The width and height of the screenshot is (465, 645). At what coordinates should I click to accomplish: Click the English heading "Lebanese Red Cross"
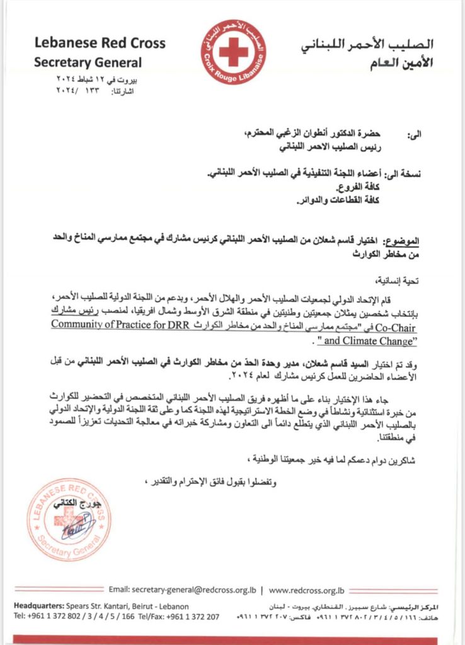pos(100,43)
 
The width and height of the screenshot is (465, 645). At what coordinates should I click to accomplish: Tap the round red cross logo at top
pos(234,52)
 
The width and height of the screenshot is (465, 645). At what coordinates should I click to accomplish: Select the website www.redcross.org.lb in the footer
pos(306,590)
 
